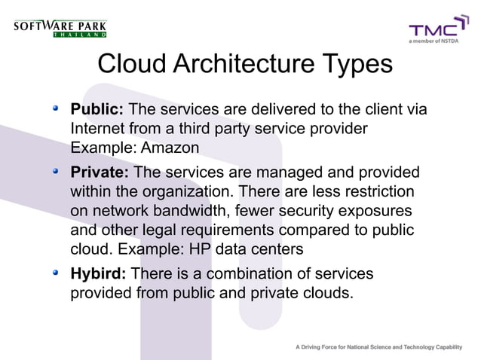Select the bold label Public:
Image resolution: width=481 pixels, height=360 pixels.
pos(97,111)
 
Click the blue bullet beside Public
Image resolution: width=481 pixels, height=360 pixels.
pos(56,110)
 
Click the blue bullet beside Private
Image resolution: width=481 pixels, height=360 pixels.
pos(56,172)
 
